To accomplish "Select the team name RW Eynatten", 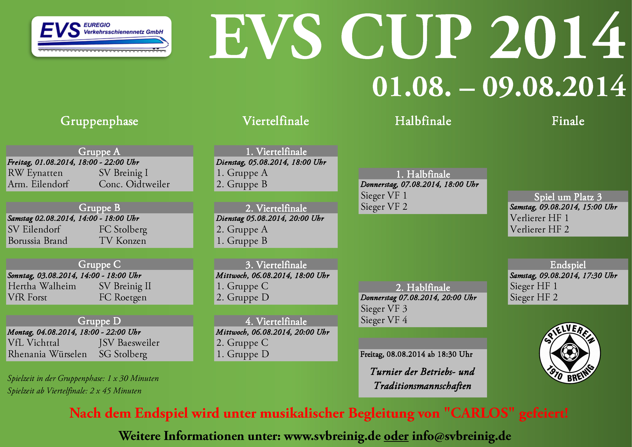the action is point(35,173).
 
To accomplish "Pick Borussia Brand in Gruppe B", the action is point(38,241).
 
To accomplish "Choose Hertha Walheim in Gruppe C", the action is point(42,286).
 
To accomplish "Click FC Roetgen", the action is point(123,298).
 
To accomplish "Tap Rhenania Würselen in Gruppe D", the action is point(47,354).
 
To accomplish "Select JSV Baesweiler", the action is point(129,343).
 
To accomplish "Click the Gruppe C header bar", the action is point(100,264).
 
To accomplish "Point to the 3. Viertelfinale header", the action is point(276,265).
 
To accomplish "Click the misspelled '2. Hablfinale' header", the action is point(423,287).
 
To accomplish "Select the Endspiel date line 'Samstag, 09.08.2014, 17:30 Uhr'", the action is point(563,275).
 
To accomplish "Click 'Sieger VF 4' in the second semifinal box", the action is point(384,320).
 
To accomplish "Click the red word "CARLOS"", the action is point(479,413).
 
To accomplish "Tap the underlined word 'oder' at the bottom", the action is point(396,436).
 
